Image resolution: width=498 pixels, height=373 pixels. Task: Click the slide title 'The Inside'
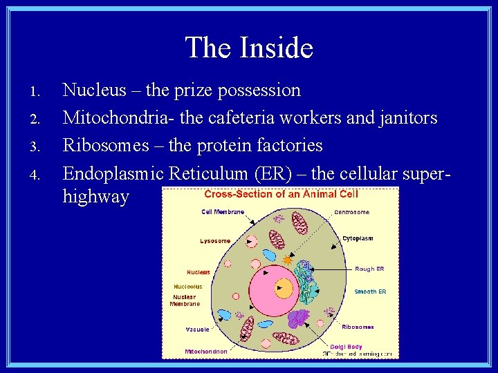tap(249, 48)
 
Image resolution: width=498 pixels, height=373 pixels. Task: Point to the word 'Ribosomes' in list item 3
tap(104, 145)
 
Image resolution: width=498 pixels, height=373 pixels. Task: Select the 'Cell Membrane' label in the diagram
tap(223, 212)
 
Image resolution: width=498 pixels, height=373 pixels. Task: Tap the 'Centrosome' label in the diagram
tap(351, 212)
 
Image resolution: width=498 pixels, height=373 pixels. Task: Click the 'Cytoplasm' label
tap(358, 238)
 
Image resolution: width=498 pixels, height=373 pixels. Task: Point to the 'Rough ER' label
tap(369, 269)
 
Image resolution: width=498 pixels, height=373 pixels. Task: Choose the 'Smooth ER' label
tap(370, 291)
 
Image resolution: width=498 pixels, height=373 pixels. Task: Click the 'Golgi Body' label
tap(347, 346)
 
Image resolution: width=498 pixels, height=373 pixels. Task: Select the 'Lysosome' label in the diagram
tap(215, 241)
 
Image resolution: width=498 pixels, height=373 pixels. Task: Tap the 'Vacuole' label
tap(197, 329)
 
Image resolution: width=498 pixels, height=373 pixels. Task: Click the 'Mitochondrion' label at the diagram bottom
tap(205, 352)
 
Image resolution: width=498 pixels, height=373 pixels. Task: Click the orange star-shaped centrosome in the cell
tap(288, 260)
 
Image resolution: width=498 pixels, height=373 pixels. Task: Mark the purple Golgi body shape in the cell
tap(298, 318)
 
